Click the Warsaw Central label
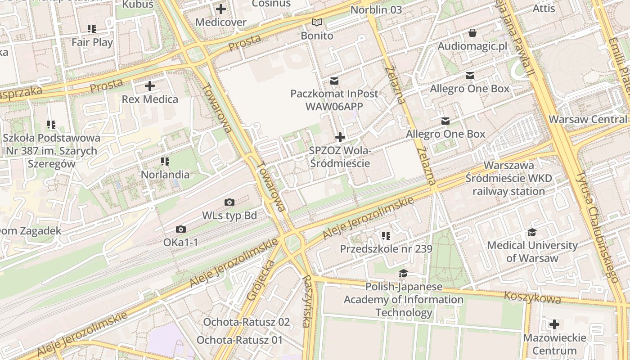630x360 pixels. tap(587, 119)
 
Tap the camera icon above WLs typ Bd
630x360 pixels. tap(229, 202)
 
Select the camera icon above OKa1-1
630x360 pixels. tap(180, 229)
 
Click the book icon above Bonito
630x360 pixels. tap(317, 22)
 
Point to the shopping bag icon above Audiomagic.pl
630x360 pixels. tap(472, 33)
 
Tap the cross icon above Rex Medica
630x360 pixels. tap(150, 85)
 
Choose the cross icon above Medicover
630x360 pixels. tap(220, 9)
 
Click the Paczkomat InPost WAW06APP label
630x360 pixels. tap(334, 100)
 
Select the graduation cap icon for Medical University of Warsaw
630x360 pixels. tap(532, 232)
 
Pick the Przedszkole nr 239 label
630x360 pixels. tap(386, 249)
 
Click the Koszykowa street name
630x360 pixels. tap(532, 297)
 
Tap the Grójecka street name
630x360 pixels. tap(261, 279)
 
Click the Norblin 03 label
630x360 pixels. tap(376, 10)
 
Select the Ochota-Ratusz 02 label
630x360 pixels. tap(246, 322)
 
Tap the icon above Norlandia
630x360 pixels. tap(165, 161)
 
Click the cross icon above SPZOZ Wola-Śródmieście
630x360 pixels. tap(340, 137)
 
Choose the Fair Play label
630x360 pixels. tap(92, 42)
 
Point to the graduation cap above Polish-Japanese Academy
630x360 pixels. tap(403, 274)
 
